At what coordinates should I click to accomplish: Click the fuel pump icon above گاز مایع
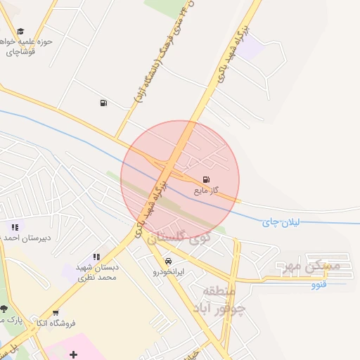tap(205, 179)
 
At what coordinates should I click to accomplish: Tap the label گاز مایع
tap(206, 190)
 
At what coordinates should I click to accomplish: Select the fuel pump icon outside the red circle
tap(104, 103)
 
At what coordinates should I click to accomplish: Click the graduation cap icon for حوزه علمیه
tap(20, 31)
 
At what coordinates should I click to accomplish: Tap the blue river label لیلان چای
tap(281, 222)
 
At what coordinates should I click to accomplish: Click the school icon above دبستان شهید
tap(96, 257)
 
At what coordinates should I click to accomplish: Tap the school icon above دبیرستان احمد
tap(15, 227)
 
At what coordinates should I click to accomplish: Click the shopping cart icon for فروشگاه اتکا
tap(55, 313)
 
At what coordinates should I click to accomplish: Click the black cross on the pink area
tap(73, 354)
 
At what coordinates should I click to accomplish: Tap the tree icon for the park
tap(4, 309)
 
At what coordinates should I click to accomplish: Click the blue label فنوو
tap(319, 285)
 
